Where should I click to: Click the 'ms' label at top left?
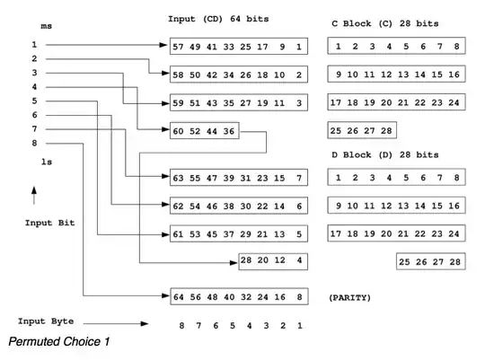(x=47, y=26)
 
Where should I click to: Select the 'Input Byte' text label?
(x=45, y=321)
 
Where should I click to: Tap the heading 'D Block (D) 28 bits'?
(x=384, y=154)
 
